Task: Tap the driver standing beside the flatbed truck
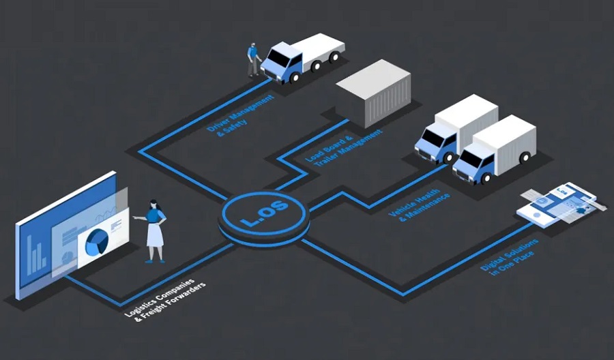point(254,59)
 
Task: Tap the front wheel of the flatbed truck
point(294,78)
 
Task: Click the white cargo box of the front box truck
point(504,139)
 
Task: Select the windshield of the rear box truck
point(430,137)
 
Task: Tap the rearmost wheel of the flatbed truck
point(334,58)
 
